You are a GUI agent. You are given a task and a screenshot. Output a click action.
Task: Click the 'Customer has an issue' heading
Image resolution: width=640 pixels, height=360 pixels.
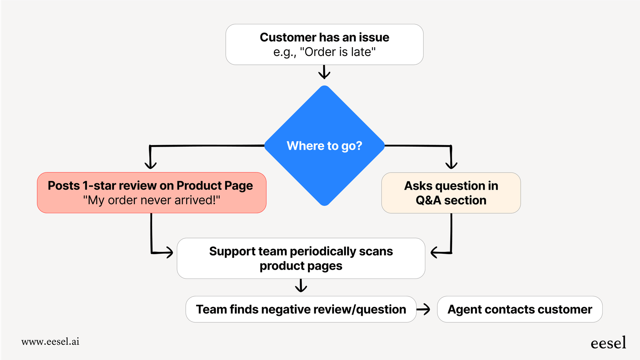point(324,37)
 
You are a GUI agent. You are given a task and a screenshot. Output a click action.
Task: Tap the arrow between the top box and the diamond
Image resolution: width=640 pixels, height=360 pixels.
point(324,72)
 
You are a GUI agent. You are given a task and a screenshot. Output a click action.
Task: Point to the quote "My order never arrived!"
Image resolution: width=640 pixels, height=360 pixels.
point(152,200)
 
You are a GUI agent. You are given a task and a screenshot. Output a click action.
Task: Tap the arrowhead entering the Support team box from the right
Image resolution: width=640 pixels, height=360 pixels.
point(435,252)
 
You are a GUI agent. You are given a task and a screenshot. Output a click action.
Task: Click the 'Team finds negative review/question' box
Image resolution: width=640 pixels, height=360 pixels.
point(301,309)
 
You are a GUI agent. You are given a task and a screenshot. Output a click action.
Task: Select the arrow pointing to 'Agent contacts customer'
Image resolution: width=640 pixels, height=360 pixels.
point(424,309)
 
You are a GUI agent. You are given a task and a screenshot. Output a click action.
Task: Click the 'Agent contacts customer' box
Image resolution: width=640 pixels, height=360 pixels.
point(519,309)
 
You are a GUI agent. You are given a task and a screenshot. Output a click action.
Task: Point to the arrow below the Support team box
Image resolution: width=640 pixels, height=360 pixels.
point(301,286)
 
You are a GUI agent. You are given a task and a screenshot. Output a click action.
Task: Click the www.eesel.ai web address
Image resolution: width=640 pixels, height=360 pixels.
point(50,341)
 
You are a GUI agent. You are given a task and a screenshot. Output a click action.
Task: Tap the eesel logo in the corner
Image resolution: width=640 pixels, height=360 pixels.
point(608,343)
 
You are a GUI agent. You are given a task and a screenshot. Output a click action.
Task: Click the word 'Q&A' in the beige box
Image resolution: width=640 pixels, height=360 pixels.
point(428,200)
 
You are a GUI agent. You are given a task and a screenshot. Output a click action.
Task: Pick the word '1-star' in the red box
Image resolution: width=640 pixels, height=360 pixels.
point(99,186)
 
